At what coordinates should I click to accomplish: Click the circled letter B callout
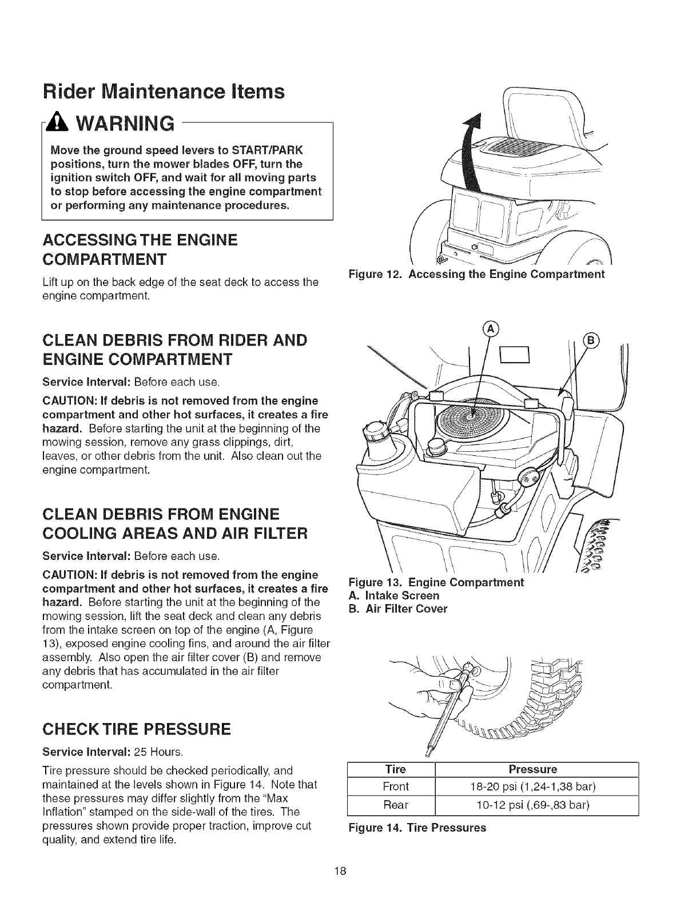pyautogui.click(x=588, y=338)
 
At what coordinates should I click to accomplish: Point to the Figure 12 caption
pyautogui.click(x=476, y=274)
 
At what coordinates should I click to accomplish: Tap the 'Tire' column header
pyautogui.click(x=396, y=769)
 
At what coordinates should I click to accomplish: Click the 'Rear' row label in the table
pyautogui.click(x=396, y=805)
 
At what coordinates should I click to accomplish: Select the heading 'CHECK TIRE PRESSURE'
pyautogui.click(x=137, y=729)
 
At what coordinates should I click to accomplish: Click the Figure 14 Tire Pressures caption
pyautogui.click(x=417, y=828)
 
